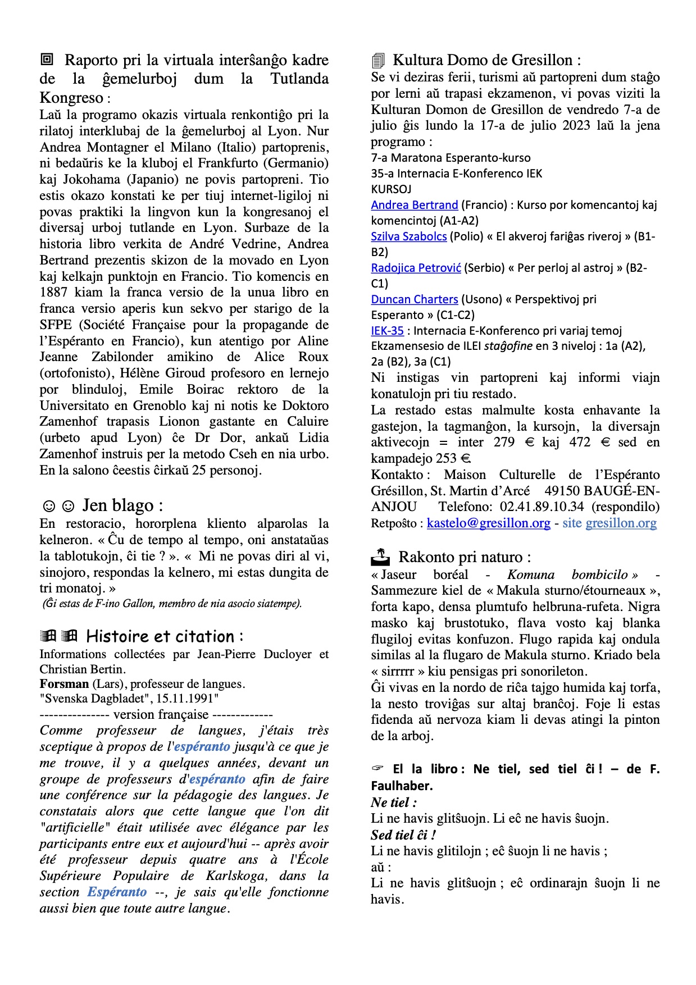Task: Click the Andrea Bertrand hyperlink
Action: coord(415,205)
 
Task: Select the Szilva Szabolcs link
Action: coord(408,236)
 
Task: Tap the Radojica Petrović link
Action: coord(416,268)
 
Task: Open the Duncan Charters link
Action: coord(415,299)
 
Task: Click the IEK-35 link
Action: coord(387,331)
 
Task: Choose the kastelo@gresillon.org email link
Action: coord(488,523)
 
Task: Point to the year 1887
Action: coord(54,293)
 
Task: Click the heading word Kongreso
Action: coord(71,98)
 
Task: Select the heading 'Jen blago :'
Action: coord(122,505)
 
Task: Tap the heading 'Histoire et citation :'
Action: coord(165,637)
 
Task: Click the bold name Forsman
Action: coord(64,684)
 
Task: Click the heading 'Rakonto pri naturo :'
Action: coord(465,557)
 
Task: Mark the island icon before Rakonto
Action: coord(380,557)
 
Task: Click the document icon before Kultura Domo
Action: coord(378,61)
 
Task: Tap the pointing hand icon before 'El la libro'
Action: coord(377,769)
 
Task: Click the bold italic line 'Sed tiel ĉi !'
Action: coord(403,835)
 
